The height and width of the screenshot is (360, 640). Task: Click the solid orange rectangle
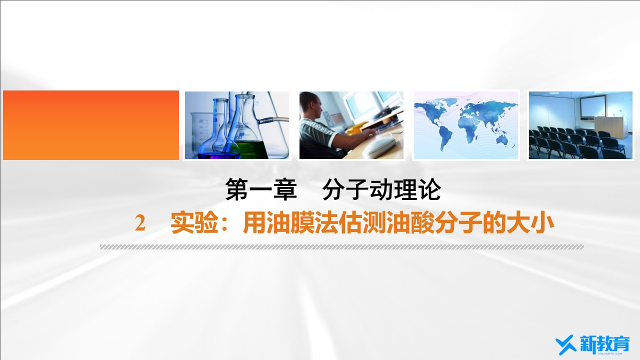click(91, 125)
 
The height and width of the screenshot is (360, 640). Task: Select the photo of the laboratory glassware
click(237, 125)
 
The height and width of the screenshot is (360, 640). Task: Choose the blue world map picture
click(466, 125)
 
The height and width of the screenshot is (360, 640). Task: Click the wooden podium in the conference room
click(618, 127)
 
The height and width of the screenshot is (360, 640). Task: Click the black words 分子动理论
click(382, 190)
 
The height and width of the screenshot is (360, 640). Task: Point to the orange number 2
click(140, 223)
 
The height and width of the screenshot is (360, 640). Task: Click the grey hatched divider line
click(341, 247)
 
